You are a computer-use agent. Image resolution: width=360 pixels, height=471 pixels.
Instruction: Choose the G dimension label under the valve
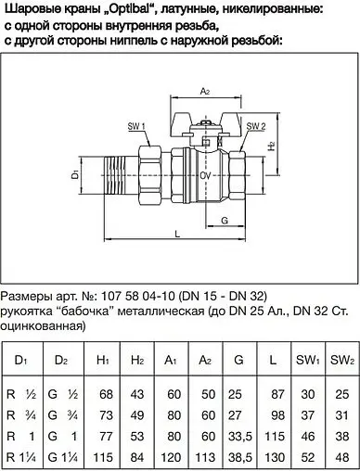click(x=226, y=221)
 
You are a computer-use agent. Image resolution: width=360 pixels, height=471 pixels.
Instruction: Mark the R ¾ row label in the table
click(x=19, y=414)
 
